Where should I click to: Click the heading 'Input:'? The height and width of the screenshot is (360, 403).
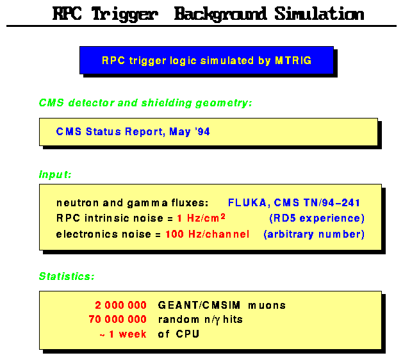[55, 174]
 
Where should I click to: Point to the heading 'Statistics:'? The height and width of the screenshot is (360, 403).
[67, 277]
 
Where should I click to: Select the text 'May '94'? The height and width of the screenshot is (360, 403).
[191, 133]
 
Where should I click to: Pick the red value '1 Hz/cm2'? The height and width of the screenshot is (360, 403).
[201, 218]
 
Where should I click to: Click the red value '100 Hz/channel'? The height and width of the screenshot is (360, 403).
[206, 234]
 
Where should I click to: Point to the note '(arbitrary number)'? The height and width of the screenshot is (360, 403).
[314, 234]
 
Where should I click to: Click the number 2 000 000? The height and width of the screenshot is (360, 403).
[121, 306]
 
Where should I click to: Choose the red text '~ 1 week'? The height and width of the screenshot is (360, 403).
[123, 334]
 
